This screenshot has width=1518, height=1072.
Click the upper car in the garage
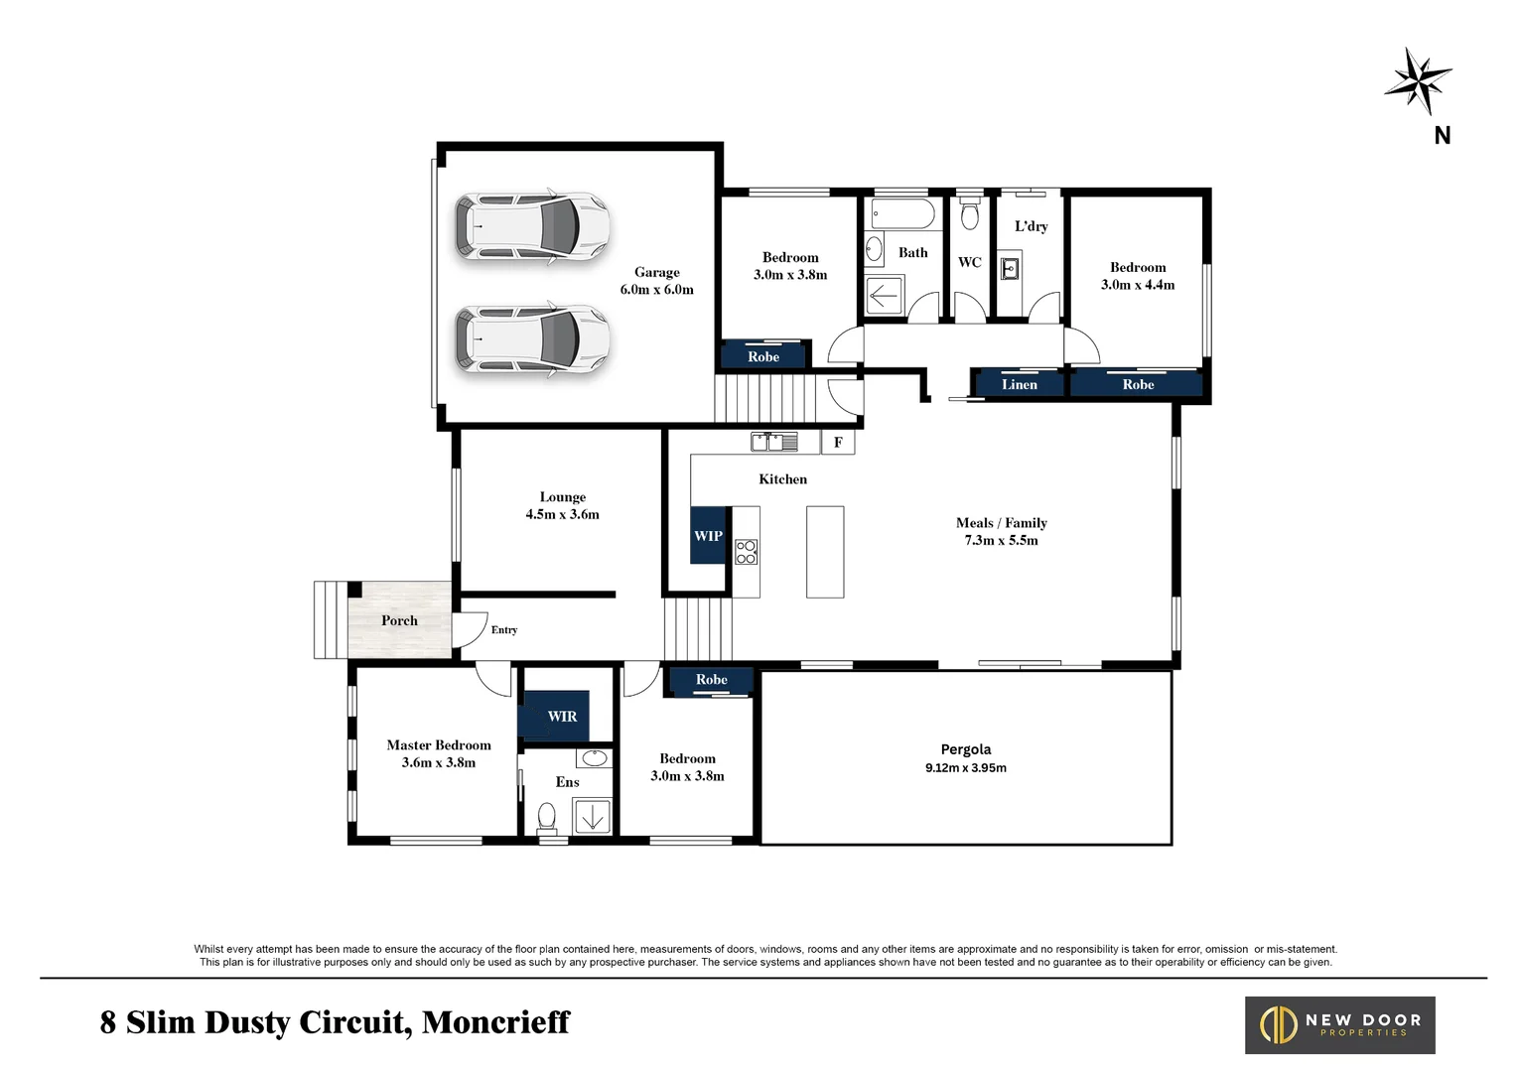point(532,227)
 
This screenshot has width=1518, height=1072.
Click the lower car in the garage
point(532,339)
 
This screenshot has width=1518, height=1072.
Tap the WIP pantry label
point(708,536)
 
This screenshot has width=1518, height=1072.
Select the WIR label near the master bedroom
point(562,717)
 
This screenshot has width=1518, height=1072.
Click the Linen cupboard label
point(1019,385)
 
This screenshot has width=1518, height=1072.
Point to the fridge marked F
point(838,443)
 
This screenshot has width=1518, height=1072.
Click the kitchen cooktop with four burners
point(746,553)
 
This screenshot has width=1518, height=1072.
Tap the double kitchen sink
point(774,442)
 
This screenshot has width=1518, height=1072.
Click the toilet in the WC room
point(970,213)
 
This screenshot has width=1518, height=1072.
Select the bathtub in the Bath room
point(901,214)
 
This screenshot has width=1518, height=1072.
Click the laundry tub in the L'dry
point(1009,269)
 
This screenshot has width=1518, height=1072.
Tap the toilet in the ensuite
point(546,817)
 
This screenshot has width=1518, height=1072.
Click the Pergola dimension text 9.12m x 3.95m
point(965,768)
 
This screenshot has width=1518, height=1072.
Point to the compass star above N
point(1419,80)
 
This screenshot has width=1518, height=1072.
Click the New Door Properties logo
point(1339,1025)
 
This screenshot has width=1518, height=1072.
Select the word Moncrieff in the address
point(495,1022)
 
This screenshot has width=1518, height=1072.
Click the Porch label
point(399,621)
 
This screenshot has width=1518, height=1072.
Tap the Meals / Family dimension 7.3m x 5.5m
point(1001,541)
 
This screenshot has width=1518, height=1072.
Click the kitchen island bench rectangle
point(825,552)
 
